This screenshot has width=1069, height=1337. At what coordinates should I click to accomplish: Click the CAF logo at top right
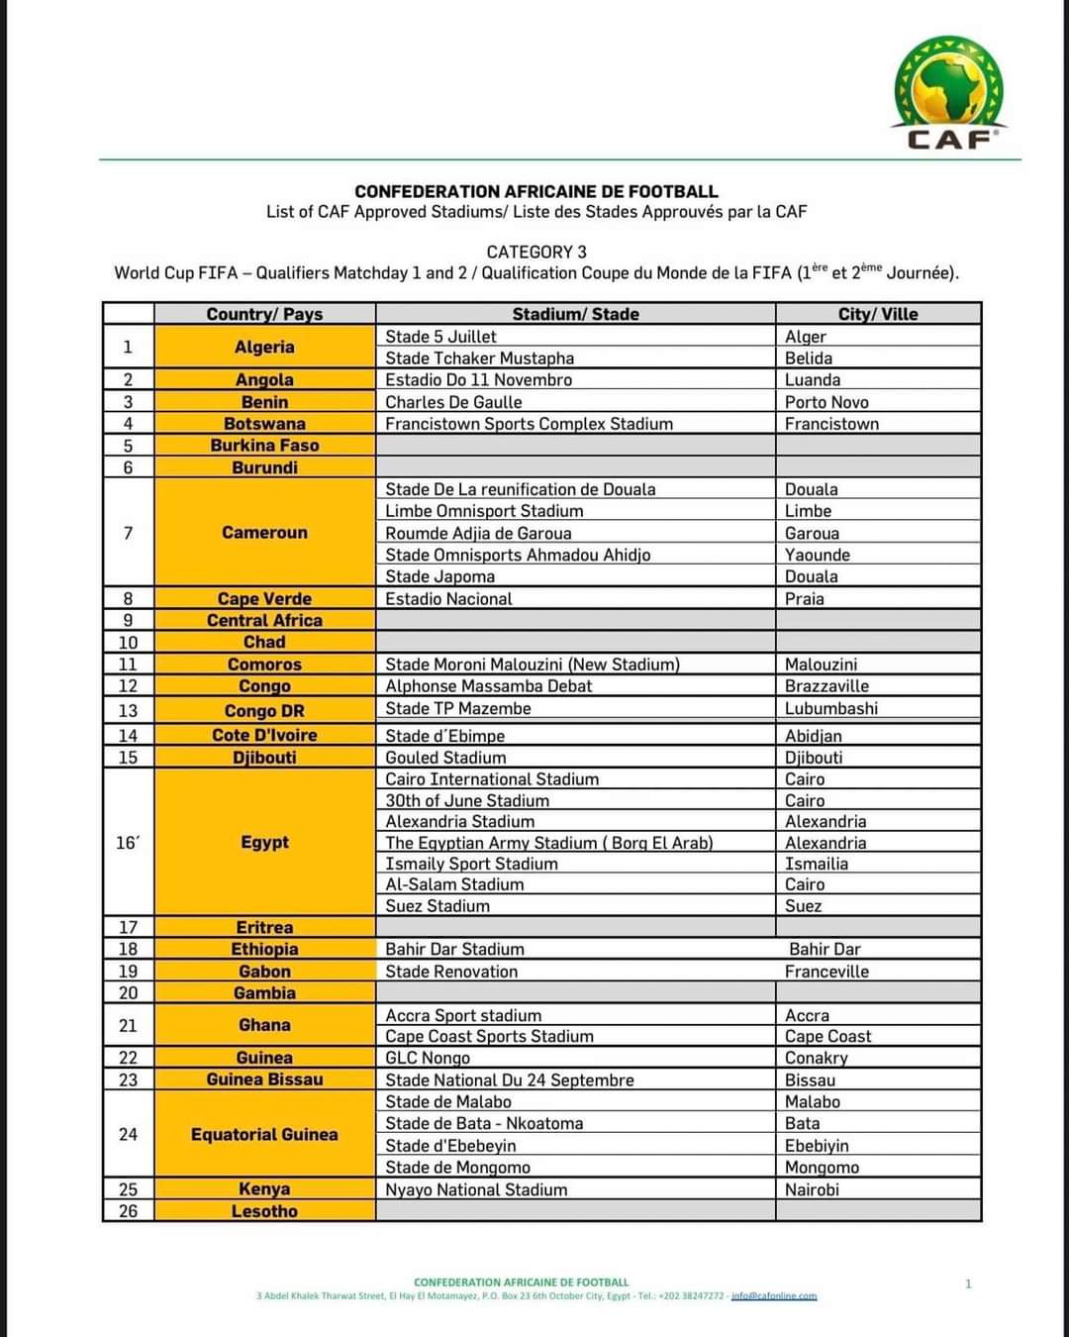tap(949, 94)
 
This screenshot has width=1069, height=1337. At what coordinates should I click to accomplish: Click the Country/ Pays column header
tap(264, 314)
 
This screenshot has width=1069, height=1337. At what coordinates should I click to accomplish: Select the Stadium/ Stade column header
tap(575, 314)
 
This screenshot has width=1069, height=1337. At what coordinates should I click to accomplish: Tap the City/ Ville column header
tap(878, 314)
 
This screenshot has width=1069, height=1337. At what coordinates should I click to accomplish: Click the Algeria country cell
tap(264, 347)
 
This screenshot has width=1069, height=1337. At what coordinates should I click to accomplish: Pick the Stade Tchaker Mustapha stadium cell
tap(480, 359)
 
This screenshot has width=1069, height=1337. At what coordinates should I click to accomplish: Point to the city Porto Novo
tap(826, 402)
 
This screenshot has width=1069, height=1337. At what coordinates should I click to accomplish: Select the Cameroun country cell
tap(264, 533)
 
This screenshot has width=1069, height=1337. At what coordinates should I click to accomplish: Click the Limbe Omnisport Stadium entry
tap(484, 511)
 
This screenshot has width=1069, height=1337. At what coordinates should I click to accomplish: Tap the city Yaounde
tap(818, 555)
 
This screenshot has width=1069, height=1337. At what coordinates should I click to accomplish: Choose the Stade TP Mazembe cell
tap(458, 709)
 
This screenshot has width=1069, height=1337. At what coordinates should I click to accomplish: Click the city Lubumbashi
tap(831, 709)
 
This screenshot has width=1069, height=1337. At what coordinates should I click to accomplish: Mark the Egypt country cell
tap(264, 842)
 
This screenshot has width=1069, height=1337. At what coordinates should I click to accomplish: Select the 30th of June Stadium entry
tap(467, 800)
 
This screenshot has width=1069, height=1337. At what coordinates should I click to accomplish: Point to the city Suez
tap(803, 906)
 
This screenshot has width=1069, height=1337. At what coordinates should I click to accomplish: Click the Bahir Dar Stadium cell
tap(454, 949)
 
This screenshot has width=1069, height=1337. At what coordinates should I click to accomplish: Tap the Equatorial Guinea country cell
tap(264, 1134)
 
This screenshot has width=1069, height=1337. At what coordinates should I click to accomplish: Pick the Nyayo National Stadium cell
tap(476, 1189)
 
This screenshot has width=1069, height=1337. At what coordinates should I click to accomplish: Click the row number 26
tap(128, 1210)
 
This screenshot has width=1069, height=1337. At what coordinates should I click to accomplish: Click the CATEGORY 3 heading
tap(536, 252)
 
